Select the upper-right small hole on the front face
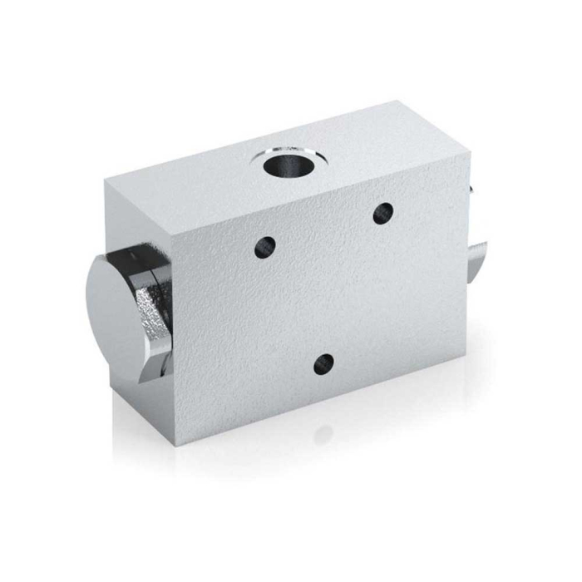(382, 212)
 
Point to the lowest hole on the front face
(324, 363)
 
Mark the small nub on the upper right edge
(471, 190)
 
